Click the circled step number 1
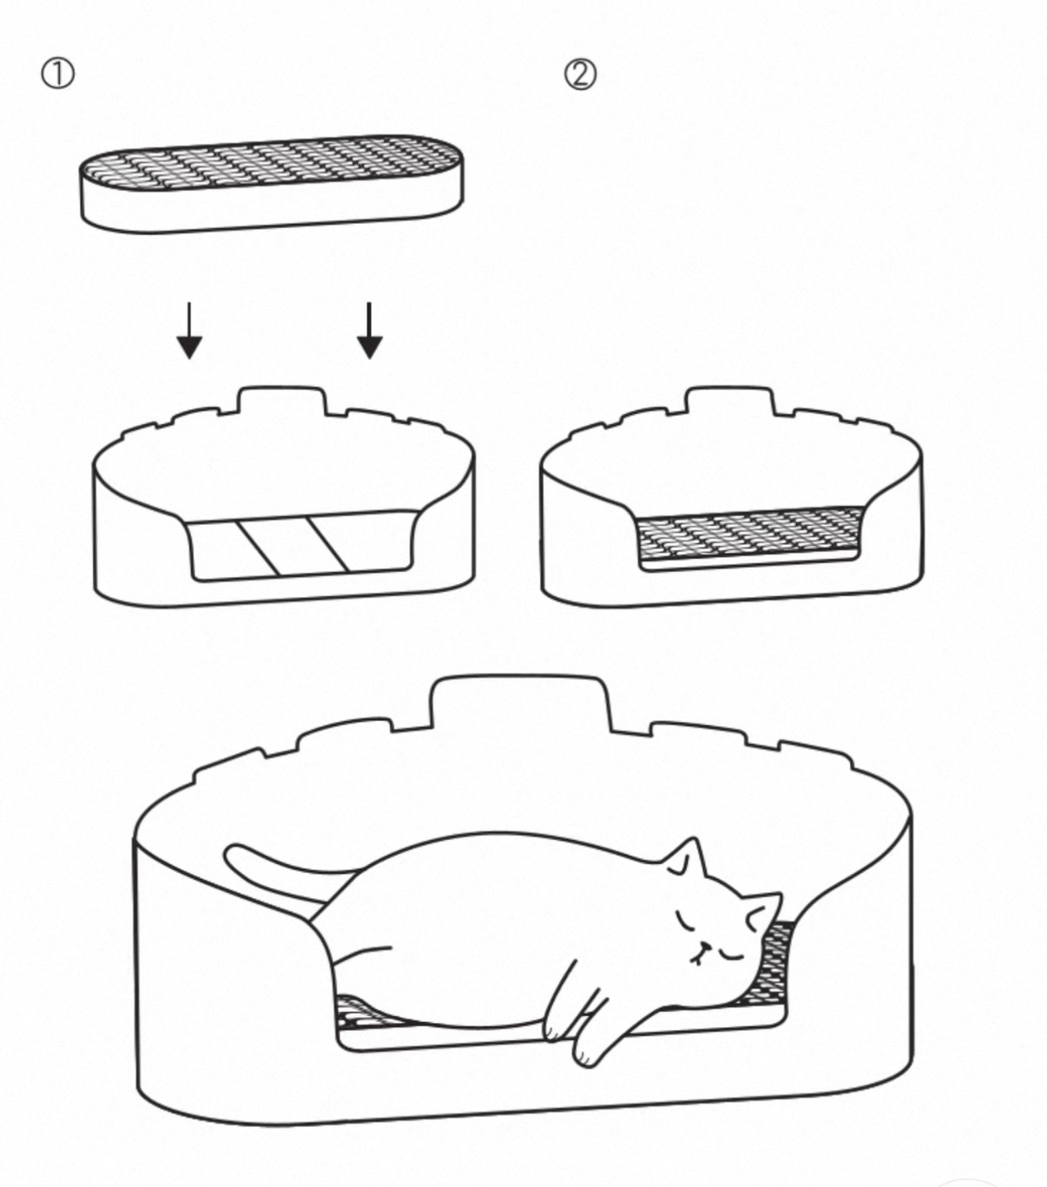pos(57,75)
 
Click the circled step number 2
pos(580,75)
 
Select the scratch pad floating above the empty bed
pos(272,183)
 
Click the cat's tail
pos(281,874)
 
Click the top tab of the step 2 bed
pos(730,401)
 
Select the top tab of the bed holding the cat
pos(519,702)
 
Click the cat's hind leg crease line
pos(360,956)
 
